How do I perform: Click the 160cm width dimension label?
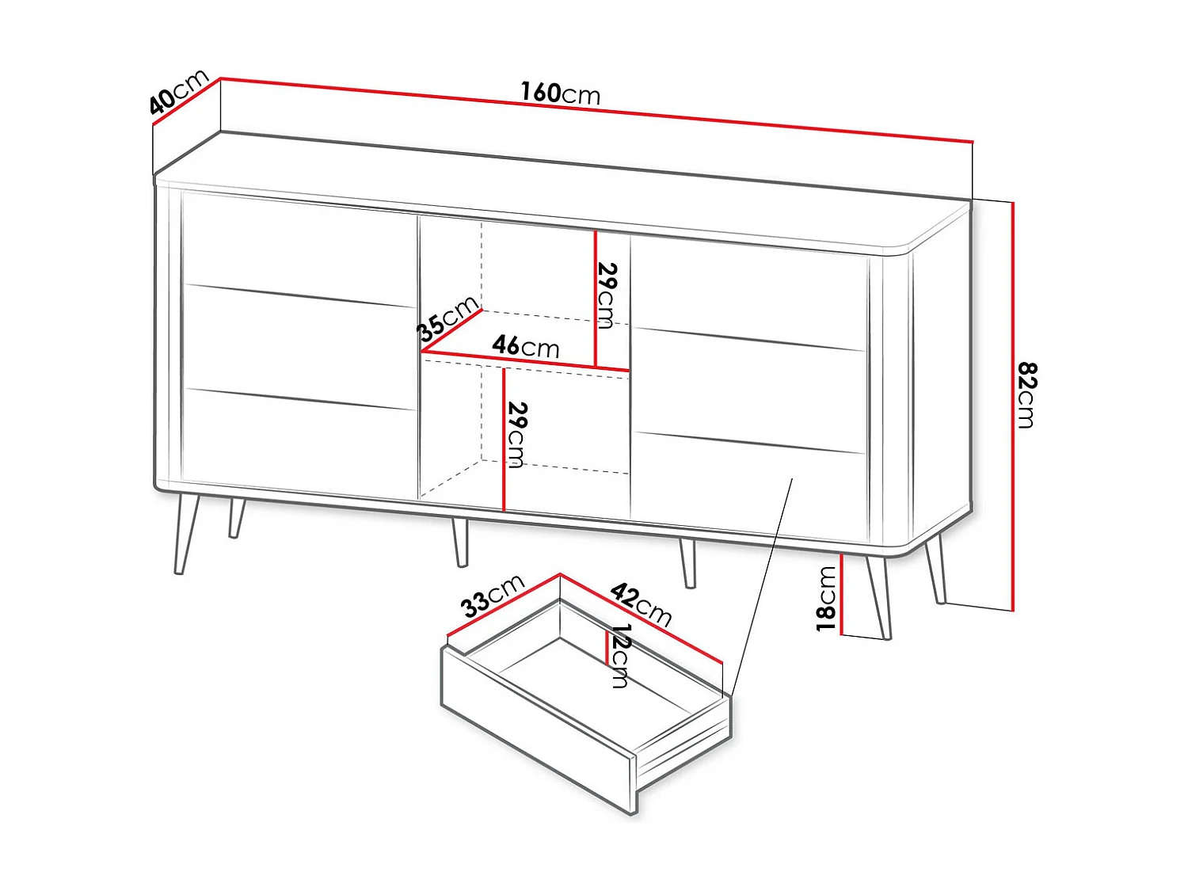[x=560, y=93]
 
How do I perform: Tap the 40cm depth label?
[x=179, y=92]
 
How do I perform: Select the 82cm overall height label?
[x=1026, y=395]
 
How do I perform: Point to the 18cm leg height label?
[x=826, y=598]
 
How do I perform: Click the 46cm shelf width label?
[x=526, y=346]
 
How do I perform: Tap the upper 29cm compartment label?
[x=606, y=295]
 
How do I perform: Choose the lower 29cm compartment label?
[x=516, y=434]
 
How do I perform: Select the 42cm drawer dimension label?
[x=642, y=604]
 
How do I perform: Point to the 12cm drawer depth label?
[x=619, y=656]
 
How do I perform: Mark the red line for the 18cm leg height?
[x=841, y=593]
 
